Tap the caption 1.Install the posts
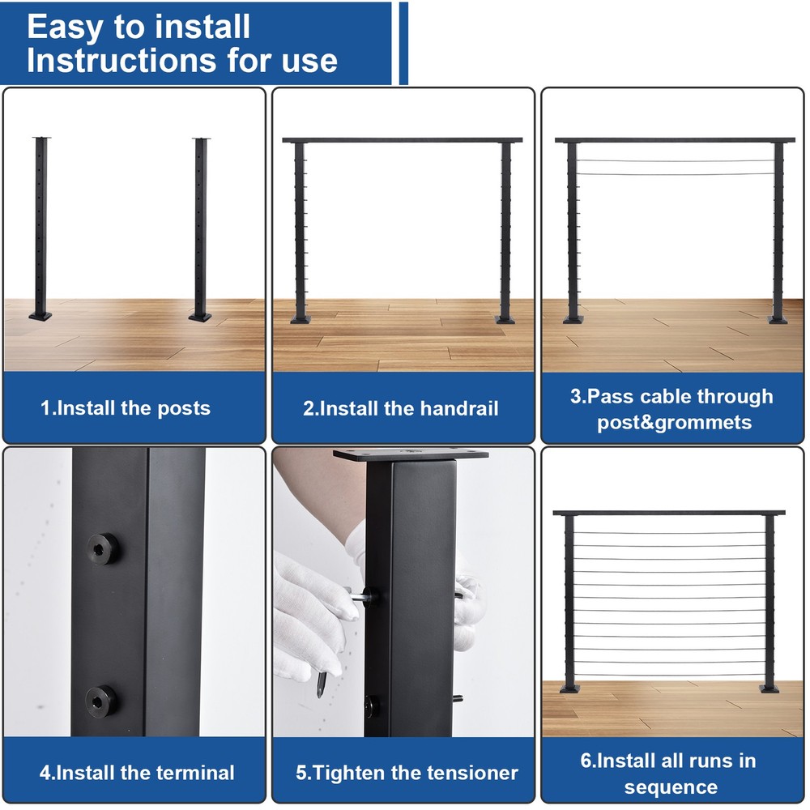point(126,408)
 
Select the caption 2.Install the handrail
point(401,408)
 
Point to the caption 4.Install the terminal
point(137,772)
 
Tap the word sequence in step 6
point(671,787)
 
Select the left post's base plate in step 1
point(40,316)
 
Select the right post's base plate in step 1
point(200,317)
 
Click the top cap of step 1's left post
point(40,139)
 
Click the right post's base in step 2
point(505,319)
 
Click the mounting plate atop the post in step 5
point(411,456)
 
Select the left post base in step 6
point(569,688)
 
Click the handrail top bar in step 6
point(669,514)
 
